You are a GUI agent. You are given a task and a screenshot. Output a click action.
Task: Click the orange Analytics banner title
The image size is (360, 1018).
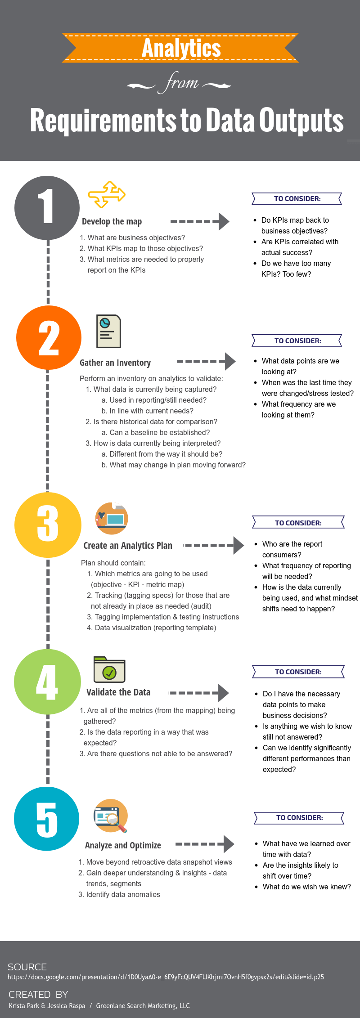tap(181, 48)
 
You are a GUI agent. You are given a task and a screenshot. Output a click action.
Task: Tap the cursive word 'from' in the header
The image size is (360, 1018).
tap(180, 83)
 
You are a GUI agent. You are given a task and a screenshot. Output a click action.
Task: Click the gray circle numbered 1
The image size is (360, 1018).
tap(47, 208)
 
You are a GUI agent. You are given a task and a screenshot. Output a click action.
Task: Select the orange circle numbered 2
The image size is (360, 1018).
tap(49, 338)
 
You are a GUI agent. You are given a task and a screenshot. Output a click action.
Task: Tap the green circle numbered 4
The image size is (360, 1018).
tap(47, 682)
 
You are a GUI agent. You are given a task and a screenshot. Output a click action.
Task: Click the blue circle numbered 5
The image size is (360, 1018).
tap(47, 819)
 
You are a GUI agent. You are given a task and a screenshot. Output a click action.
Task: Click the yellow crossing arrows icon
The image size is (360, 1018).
tap(107, 194)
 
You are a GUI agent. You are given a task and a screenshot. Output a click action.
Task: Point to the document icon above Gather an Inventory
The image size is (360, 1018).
tap(108, 331)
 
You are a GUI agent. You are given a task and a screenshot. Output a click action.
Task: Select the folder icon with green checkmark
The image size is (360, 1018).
tap(109, 669)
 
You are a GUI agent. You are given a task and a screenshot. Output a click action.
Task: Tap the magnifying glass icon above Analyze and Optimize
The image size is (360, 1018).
tap(111, 816)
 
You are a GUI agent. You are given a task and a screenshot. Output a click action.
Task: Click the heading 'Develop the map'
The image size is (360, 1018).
tap(112, 221)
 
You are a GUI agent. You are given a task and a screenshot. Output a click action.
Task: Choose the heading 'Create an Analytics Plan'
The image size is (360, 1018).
tap(128, 546)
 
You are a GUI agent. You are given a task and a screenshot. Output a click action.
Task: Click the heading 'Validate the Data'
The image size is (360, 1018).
tap(118, 692)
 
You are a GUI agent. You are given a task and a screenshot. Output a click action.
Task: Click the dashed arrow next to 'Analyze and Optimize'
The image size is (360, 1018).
tap(205, 844)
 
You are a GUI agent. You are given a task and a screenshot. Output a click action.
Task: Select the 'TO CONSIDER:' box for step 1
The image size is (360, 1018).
tap(297, 199)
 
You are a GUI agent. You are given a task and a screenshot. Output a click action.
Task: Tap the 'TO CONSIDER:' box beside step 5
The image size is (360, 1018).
tap(299, 818)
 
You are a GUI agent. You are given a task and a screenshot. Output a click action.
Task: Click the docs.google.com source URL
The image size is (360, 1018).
tap(166, 977)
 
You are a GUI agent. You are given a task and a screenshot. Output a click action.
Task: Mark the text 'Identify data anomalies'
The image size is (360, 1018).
tap(123, 894)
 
